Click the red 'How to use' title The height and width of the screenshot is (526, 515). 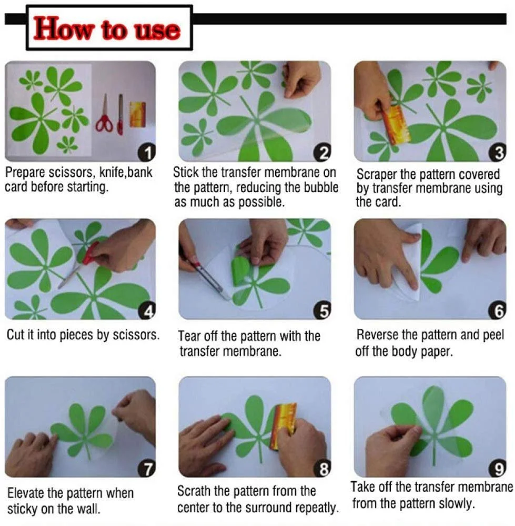(x=107, y=29)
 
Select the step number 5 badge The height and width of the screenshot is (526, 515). (x=323, y=311)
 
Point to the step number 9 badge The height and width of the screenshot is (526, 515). (x=498, y=469)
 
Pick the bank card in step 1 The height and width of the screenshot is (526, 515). (x=137, y=115)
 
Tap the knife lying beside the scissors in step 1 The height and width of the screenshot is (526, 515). (x=120, y=114)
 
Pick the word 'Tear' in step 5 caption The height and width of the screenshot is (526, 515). (x=189, y=336)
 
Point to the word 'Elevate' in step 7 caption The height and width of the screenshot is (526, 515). (x=25, y=493)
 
